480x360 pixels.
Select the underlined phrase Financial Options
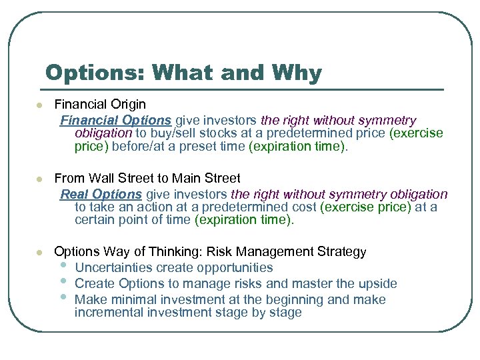pos(116,121)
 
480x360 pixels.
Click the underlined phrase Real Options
pos(101,194)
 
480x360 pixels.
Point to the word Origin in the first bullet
pos(126,105)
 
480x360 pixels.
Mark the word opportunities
pos(232,268)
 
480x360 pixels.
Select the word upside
pos(377,284)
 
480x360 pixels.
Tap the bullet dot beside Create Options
pos(63,282)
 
